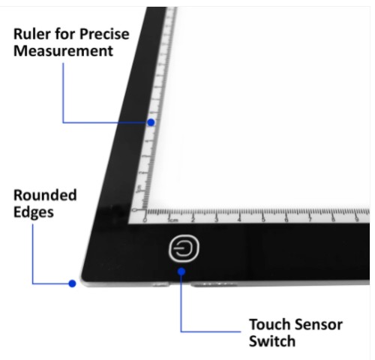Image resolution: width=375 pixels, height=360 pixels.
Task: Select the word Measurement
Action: [x=64, y=51]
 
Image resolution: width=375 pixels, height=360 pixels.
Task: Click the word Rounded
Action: [x=45, y=195]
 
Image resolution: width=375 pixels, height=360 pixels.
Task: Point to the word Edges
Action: [x=34, y=213]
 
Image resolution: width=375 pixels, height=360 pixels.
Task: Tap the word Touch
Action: [x=268, y=325]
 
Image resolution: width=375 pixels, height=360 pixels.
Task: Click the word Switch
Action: [x=272, y=341]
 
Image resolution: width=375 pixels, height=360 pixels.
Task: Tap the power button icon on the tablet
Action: [x=184, y=248]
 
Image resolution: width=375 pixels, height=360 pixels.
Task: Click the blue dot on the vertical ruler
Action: [x=151, y=122]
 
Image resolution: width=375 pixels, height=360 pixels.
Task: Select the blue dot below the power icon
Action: [x=181, y=271]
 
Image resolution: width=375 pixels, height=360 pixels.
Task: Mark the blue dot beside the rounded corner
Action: [x=72, y=283]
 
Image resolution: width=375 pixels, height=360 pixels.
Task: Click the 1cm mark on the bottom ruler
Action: [x=173, y=220]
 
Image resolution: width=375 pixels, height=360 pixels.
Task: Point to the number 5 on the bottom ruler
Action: [x=263, y=220]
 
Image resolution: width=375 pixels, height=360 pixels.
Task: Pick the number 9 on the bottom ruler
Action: [x=357, y=220]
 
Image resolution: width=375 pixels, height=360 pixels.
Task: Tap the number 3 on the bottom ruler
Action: [x=217, y=220]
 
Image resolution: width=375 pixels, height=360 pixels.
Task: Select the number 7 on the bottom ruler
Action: [x=310, y=220]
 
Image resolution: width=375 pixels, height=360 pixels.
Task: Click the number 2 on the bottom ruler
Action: [x=193, y=220]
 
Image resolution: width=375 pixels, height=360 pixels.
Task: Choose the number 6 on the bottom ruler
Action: [x=286, y=220]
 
